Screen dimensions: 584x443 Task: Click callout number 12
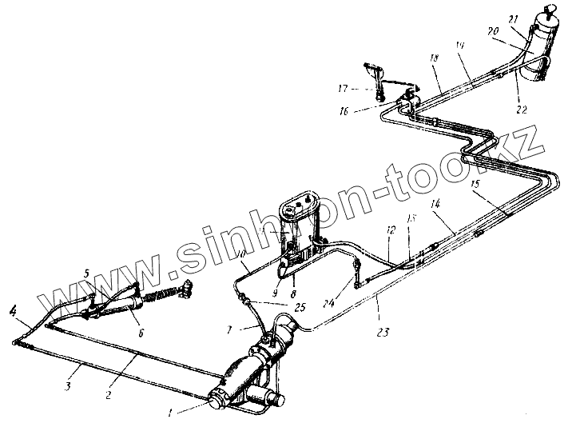point(391,230)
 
